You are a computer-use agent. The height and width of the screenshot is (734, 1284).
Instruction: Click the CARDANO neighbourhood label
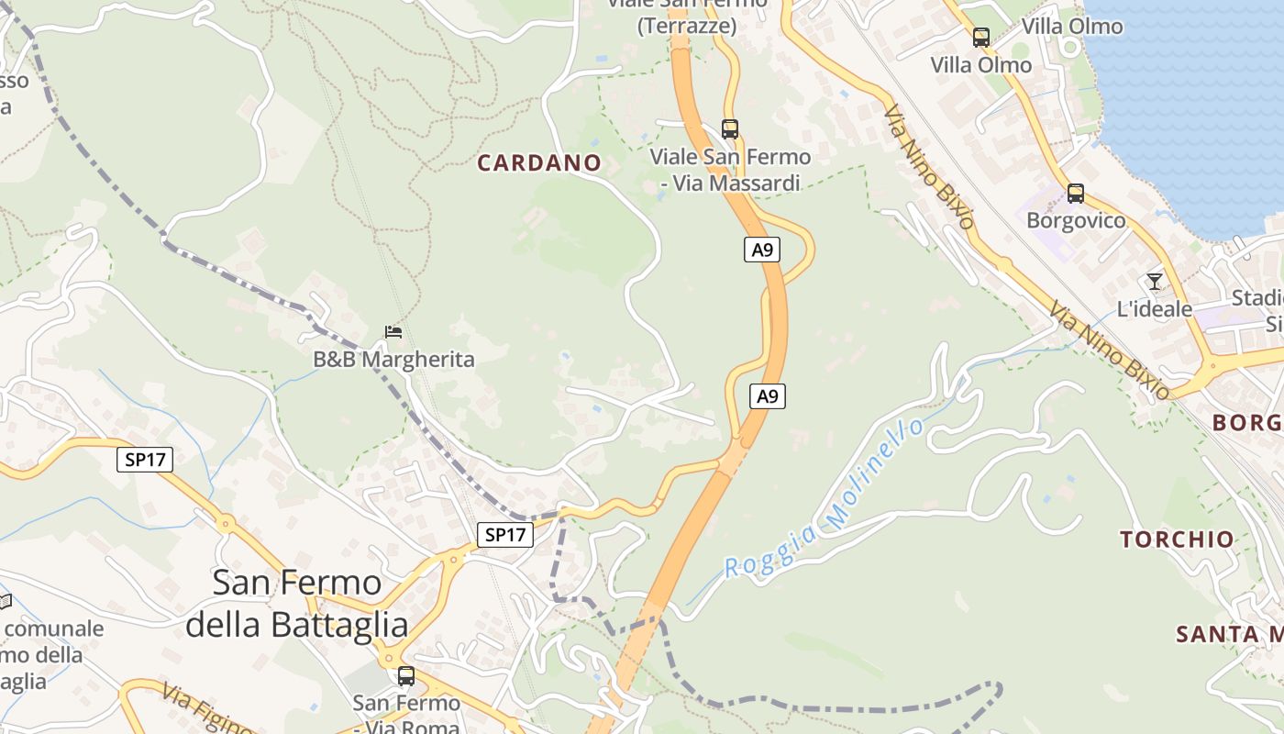(x=539, y=163)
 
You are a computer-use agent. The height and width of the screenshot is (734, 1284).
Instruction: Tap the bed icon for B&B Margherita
(x=393, y=331)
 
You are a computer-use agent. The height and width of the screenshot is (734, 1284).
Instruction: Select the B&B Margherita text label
(x=394, y=359)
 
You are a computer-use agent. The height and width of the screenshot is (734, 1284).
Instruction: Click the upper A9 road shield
(x=761, y=249)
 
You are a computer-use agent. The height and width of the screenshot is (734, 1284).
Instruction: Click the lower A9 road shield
(x=768, y=396)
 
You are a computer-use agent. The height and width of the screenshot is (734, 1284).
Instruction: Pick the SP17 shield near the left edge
(x=146, y=460)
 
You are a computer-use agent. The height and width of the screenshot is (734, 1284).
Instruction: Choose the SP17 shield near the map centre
(x=504, y=535)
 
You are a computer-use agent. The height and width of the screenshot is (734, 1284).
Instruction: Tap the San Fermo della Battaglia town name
(x=296, y=603)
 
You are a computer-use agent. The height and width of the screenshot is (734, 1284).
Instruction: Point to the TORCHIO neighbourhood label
(x=1177, y=539)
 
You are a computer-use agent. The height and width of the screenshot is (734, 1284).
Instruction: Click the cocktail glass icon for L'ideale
(x=1154, y=282)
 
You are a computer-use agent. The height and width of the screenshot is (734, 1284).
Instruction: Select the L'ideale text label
(x=1154, y=309)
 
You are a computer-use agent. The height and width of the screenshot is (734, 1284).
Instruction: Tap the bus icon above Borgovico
(x=1075, y=194)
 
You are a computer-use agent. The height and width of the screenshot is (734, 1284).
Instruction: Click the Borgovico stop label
(x=1075, y=221)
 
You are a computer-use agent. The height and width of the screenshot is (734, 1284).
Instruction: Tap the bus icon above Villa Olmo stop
(x=980, y=38)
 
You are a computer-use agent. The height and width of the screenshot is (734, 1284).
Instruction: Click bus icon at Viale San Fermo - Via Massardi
(x=729, y=129)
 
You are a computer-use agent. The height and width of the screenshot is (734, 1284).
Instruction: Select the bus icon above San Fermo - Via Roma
(x=405, y=676)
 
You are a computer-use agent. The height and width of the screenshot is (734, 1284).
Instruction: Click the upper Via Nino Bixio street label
(x=928, y=166)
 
